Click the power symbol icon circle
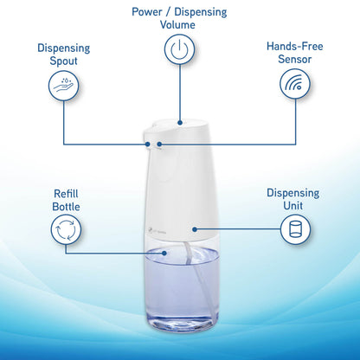pyautogui.click(x=180, y=50)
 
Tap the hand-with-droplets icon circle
pyautogui.click(x=65, y=85)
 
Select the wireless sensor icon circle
pyautogui.click(x=295, y=85)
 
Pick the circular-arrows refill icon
pyautogui.click(x=65, y=229)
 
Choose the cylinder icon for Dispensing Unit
pyautogui.click(x=293, y=229)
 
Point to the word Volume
pyautogui.click(x=180, y=25)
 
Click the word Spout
pyautogui.click(x=65, y=60)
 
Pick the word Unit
pyautogui.click(x=293, y=206)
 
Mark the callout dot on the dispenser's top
pyautogui.click(x=180, y=123)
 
